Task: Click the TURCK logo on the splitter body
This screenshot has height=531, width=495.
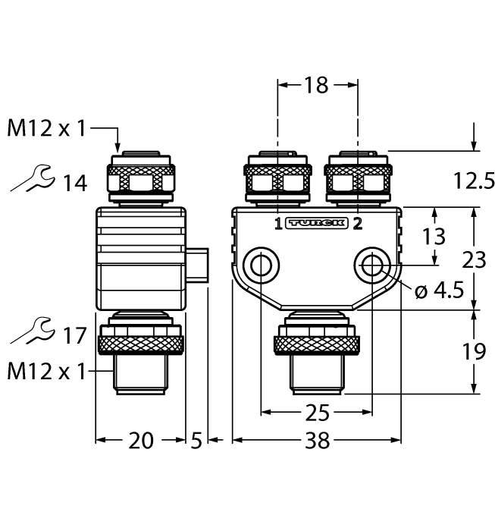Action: point(318,223)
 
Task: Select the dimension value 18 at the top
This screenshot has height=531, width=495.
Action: point(317,86)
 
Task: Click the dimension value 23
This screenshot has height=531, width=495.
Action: point(474,260)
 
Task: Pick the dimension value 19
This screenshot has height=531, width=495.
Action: point(474,350)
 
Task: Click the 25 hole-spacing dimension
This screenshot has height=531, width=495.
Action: point(317,414)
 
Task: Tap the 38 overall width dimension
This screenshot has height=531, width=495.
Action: point(317,441)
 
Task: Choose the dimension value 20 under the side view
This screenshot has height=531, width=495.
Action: point(140,441)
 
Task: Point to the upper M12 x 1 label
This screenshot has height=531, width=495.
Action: point(46,129)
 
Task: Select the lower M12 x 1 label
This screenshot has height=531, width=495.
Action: point(46,371)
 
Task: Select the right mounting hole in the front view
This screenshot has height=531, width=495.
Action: point(371,265)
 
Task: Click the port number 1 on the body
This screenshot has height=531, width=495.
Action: point(277,223)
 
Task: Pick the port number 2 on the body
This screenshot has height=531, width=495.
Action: point(358,223)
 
